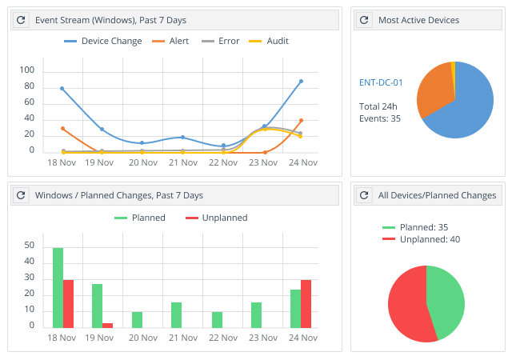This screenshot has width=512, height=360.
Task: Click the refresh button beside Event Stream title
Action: click(x=22, y=19)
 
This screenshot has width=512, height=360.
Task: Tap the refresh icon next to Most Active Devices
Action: click(x=365, y=19)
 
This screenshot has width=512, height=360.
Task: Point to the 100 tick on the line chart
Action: click(x=28, y=70)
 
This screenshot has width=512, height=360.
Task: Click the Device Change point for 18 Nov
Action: click(x=62, y=88)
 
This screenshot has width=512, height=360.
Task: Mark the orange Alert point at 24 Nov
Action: click(x=301, y=121)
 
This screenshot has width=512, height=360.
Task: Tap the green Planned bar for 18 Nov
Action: click(x=58, y=288)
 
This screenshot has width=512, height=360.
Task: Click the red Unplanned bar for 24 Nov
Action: click(x=306, y=304)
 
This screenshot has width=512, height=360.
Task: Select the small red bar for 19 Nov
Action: click(x=107, y=325)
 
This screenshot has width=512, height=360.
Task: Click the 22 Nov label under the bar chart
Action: click(x=222, y=338)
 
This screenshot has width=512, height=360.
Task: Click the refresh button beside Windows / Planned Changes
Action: click(x=22, y=195)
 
